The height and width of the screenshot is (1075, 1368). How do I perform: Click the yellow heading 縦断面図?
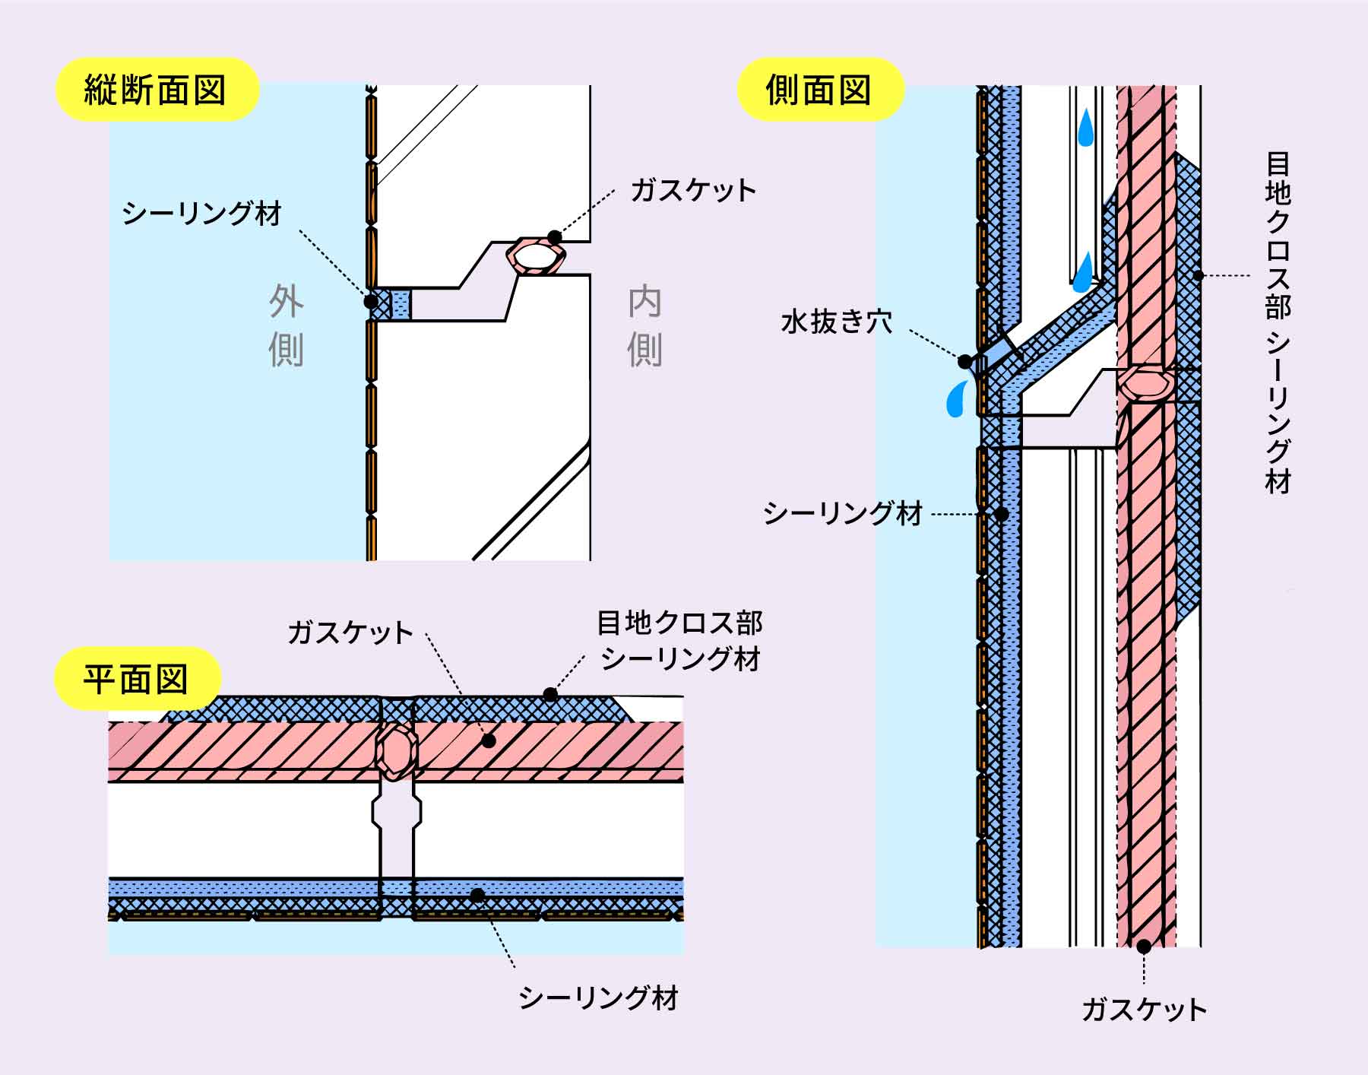point(155,90)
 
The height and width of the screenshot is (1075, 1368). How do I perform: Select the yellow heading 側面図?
point(819,90)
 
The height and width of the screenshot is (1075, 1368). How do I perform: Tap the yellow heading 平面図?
point(136,678)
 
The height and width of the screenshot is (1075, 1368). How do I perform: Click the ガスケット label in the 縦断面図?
point(693,190)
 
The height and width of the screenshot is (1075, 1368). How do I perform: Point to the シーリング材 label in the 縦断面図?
point(202,214)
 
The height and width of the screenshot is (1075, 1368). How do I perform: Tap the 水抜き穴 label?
point(837,322)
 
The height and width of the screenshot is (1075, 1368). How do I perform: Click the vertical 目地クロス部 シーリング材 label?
point(1278,323)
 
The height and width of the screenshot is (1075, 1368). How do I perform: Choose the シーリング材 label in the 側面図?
point(843,514)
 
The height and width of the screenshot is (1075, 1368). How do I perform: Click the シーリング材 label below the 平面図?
point(598,997)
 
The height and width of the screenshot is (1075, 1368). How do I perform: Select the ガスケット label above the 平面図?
point(350,633)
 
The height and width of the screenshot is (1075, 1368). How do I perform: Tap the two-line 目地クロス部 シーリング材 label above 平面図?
point(679,640)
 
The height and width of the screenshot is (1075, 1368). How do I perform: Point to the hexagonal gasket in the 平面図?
point(396,750)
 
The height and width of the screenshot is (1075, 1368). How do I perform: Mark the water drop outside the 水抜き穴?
point(955,398)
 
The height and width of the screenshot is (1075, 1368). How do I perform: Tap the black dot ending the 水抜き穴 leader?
point(964,361)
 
